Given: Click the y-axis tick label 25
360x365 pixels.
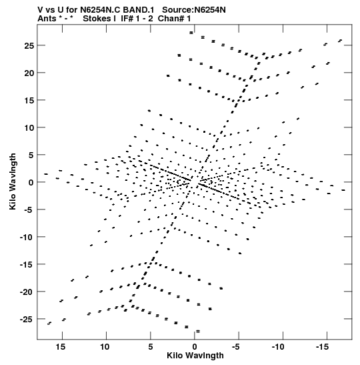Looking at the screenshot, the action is [x=29, y=46].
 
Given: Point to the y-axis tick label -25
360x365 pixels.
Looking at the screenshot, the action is [x=27, y=320].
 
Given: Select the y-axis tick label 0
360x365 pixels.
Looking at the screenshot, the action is [x=31, y=183].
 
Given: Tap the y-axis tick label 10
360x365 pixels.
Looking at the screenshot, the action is [x=29, y=128].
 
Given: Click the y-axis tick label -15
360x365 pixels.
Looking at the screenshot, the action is [x=27, y=265].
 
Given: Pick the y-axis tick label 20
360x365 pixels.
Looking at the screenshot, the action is [x=29, y=73].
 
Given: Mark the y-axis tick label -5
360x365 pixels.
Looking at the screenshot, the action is [x=29, y=210].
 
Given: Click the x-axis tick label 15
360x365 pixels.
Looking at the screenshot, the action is [x=60, y=347].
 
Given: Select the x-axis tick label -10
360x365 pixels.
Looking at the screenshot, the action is [x=278, y=347].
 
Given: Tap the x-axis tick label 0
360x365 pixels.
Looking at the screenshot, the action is [x=195, y=347].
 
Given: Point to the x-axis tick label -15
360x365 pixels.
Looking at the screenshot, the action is [x=322, y=347].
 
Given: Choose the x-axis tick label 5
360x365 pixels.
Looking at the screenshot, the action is [x=151, y=347].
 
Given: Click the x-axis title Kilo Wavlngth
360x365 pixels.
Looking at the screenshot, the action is [x=195, y=356].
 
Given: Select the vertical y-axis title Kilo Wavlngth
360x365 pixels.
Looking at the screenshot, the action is [x=13, y=181].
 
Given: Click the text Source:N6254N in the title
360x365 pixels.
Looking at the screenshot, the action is [x=194, y=10].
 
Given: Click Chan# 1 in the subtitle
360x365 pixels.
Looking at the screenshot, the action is [x=174, y=19].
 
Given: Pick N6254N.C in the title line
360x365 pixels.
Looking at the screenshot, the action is [x=101, y=10].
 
